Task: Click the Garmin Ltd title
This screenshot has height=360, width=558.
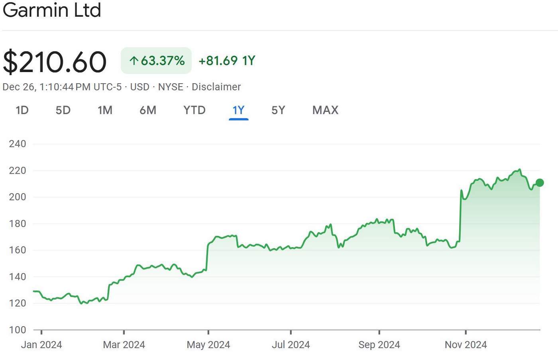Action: point(52,10)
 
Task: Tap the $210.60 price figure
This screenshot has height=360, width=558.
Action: point(55,61)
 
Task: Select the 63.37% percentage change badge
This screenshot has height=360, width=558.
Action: point(156,61)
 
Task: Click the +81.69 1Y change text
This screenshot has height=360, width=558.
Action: point(227,61)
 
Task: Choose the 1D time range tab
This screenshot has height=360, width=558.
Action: point(22,110)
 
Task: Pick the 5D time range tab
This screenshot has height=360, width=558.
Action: point(63,110)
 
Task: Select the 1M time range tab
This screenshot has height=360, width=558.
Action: point(105,110)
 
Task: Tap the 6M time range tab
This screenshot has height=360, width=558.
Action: point(148,110)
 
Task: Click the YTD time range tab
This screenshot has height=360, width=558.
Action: point(195,110)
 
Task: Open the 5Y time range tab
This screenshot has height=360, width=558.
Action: point(278,110)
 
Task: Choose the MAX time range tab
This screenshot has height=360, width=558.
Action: point(325,110)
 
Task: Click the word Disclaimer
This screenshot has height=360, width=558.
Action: point(216,87)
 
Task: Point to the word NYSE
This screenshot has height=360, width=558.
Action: point(171,87)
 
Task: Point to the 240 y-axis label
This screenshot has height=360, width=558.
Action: point(18,144)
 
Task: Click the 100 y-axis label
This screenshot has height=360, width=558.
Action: point(18,330)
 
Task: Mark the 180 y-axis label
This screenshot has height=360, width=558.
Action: point(18,223)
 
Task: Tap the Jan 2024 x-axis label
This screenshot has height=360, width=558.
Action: point(41,345)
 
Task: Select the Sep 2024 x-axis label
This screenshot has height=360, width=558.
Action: point(379,345)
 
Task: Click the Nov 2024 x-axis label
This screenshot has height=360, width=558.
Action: point(466,345)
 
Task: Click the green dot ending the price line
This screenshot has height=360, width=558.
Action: point(540,183)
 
